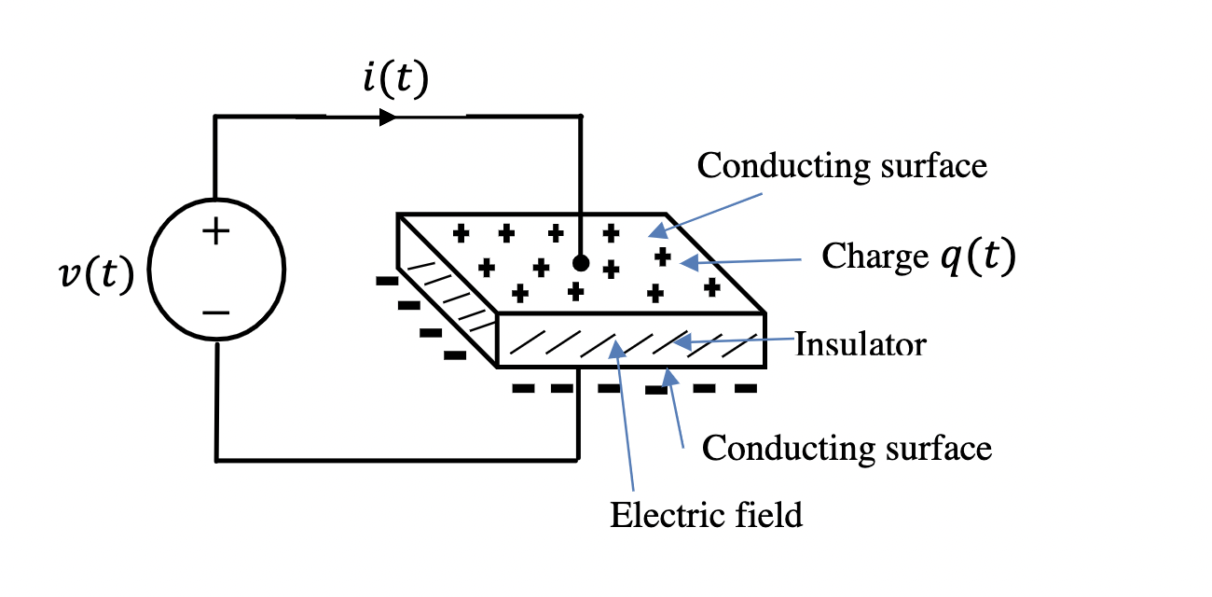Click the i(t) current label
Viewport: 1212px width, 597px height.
point(395,81)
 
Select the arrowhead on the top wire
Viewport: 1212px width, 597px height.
point(389,117)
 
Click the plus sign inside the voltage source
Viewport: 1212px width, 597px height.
point(215,231)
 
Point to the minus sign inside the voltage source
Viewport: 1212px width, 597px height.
point(215,312)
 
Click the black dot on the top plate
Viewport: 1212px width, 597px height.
point(581,263)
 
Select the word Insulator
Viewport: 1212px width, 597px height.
point(861,344)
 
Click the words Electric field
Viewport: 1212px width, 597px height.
point(706,514)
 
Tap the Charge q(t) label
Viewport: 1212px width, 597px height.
point(917,258)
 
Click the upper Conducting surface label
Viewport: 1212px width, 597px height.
point(842,166)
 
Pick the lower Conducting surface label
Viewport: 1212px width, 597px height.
point(847,448)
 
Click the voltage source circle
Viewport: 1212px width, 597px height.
point(216,271)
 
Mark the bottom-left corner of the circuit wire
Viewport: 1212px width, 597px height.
point(216,460)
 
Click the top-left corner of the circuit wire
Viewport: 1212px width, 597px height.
point(216,117)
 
